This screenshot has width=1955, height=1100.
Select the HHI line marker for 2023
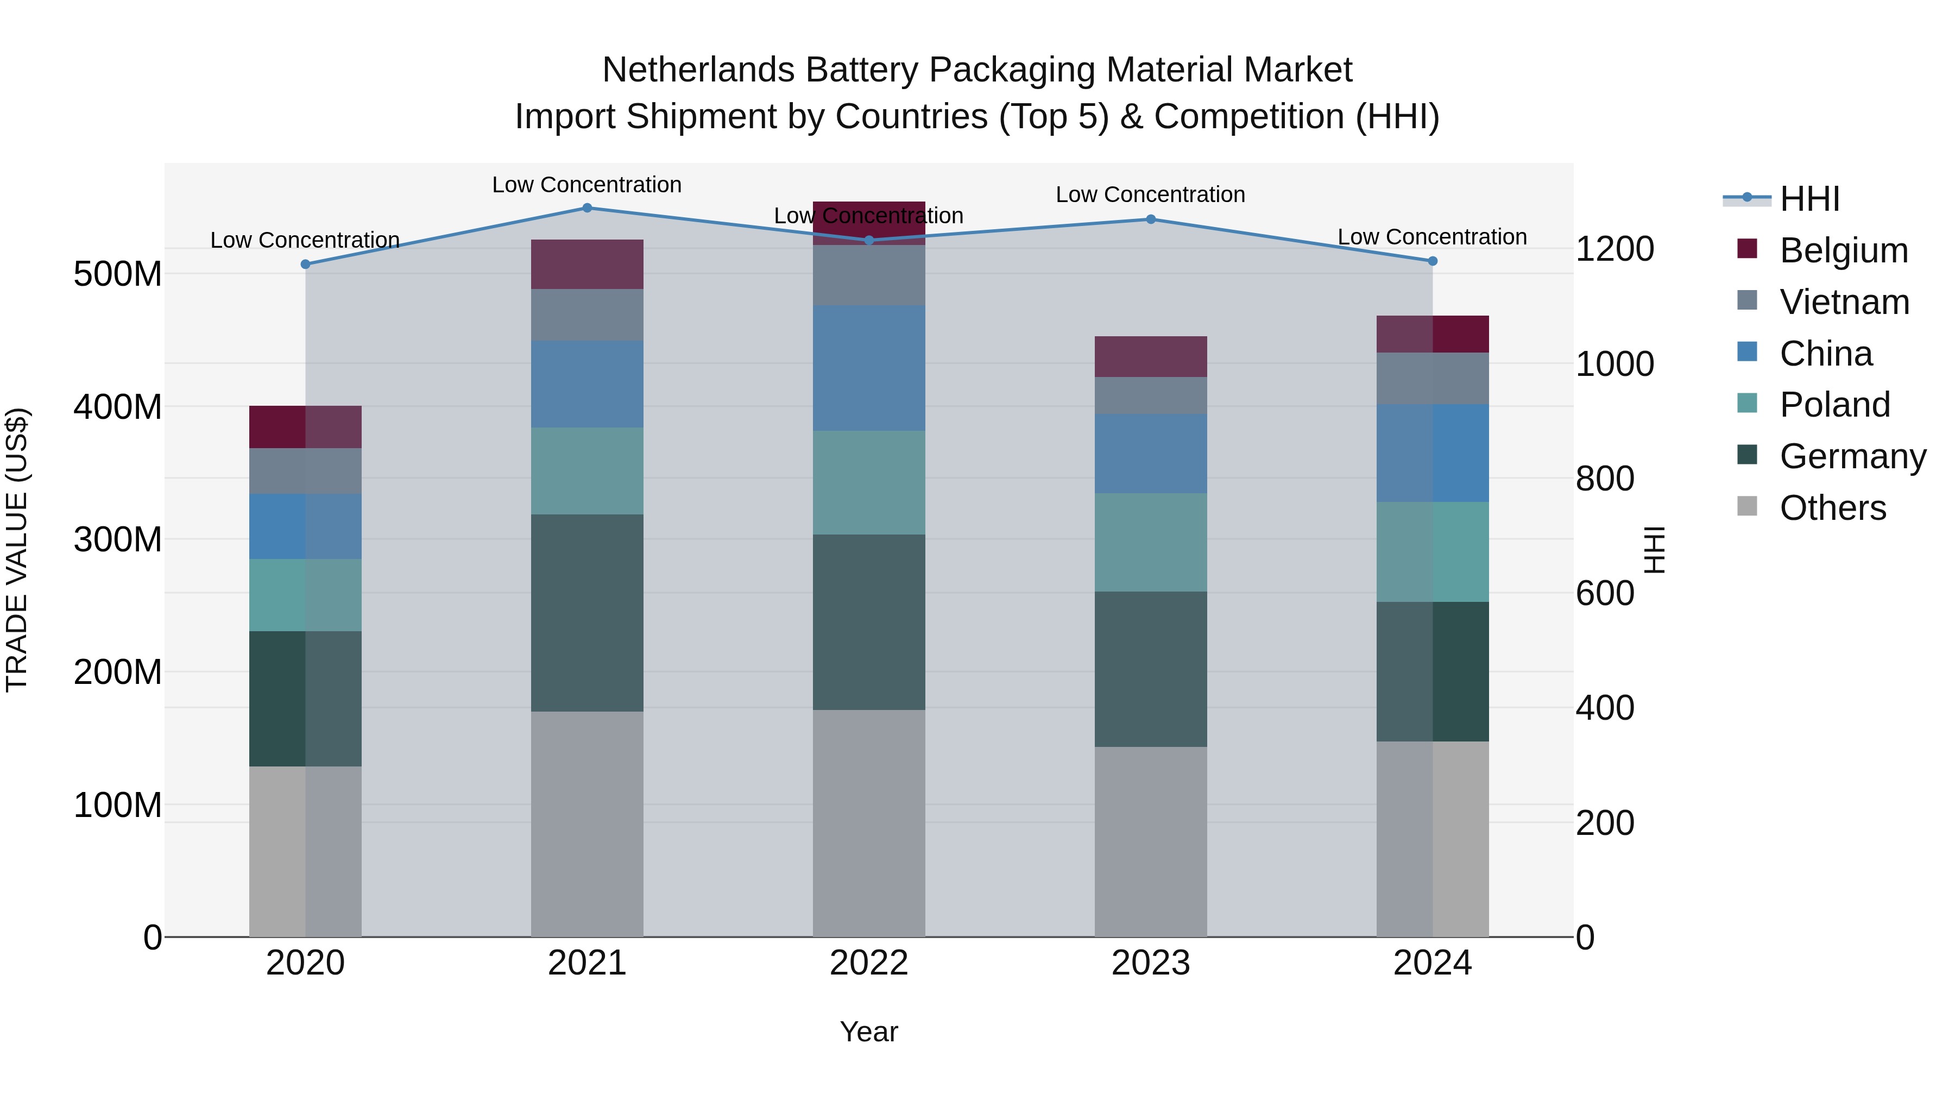tap(1151, 219)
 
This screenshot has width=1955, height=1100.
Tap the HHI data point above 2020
tap(305, 264)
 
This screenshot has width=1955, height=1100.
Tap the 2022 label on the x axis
tap(868, 963)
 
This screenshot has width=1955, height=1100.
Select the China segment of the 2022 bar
tap(868, 368)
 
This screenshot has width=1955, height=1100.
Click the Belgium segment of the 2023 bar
tap(1151, 357)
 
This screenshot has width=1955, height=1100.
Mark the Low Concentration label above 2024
tap(1431, 237)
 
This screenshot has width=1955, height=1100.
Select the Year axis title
tap(868, 1032)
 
